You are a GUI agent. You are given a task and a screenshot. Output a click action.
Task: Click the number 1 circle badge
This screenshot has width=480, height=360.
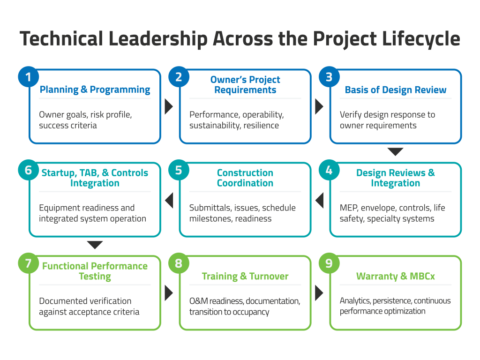tap(29, 77)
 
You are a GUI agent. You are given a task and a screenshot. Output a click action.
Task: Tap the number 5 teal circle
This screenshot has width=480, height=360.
tap(179, 170)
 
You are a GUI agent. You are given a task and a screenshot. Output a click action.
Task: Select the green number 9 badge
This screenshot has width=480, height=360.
tap(329, 263)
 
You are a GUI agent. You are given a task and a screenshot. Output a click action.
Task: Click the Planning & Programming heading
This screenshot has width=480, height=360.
tap(95, 90)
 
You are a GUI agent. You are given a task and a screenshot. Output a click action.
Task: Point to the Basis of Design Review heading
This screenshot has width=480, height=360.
tap(396, 90)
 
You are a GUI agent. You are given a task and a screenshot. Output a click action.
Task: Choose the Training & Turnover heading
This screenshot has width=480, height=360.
tap(245, 276)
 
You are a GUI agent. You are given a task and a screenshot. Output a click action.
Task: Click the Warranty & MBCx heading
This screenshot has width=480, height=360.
tap(396, 276)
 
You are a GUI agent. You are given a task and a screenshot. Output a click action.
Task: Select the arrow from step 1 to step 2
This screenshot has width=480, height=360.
tap(169, 106)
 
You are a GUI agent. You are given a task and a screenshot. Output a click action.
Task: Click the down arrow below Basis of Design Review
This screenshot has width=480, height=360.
tap(395, 151)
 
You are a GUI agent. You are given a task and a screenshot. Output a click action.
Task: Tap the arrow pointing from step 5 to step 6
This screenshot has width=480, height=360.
tap(169, 200)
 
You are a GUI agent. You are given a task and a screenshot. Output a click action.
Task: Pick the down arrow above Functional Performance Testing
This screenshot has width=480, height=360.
tap(95, 245)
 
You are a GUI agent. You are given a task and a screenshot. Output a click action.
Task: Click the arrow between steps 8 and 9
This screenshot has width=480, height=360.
tap(319, 293)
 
